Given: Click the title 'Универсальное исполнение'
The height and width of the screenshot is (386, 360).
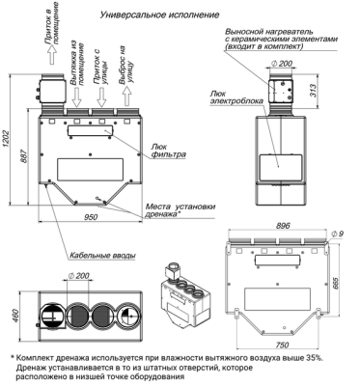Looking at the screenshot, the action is coord(159,14).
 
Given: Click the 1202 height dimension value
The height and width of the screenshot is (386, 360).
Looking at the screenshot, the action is coord(7,140).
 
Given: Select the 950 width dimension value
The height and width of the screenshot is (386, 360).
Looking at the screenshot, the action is coord(91,217).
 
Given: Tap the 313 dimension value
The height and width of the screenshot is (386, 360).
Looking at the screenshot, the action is coord(315,91).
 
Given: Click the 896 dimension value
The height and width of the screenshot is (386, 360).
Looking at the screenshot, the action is coord(283,226).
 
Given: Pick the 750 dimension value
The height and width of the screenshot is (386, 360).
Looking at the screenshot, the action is coord(282,345).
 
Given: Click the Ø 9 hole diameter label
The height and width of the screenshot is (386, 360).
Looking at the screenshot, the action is coord(337,234).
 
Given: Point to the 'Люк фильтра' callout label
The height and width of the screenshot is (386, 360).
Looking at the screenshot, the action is coord(168,151).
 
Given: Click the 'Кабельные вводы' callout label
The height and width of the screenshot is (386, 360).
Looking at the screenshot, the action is coord(101,256).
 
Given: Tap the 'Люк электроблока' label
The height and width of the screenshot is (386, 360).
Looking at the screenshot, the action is coord(236,96).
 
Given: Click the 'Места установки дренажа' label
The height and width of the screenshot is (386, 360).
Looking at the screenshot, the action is coord(180,209).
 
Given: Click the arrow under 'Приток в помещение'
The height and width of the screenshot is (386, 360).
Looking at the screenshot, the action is coord(52,55).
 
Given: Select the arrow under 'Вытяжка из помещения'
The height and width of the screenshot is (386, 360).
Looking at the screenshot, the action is coord(76,96).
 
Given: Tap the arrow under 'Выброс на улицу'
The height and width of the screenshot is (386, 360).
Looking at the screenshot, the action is coord(127,96).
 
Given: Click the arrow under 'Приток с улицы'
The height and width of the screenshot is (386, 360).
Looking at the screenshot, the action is coord(102,96).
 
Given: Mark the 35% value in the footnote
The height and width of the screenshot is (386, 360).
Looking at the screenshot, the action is coord(315,358).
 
